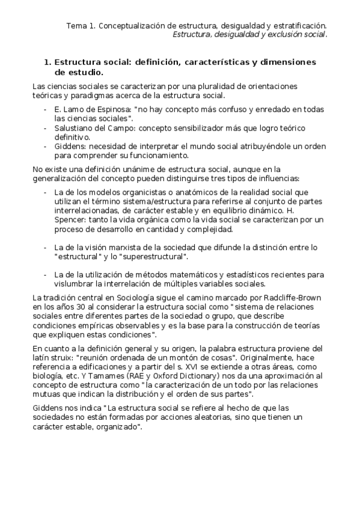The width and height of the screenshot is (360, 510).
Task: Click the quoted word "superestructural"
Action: (x=151, y=257)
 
